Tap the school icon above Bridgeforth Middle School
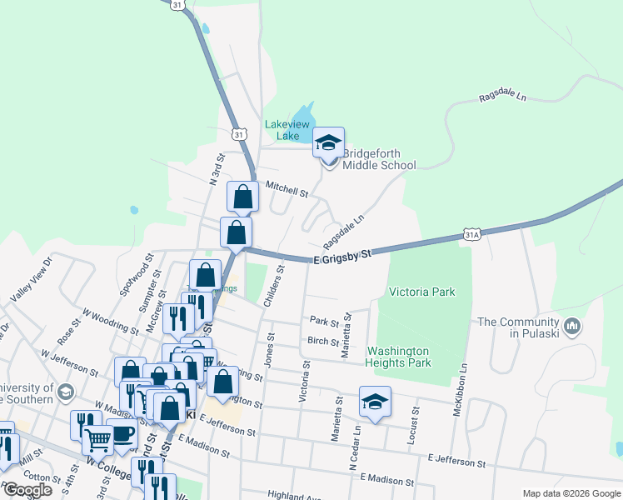329,142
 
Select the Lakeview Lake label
287,130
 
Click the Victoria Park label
421,292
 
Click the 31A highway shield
472,236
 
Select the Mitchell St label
287,189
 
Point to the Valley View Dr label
31,279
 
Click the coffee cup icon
122,434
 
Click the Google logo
27,490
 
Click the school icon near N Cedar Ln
375,402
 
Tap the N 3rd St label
217,169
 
